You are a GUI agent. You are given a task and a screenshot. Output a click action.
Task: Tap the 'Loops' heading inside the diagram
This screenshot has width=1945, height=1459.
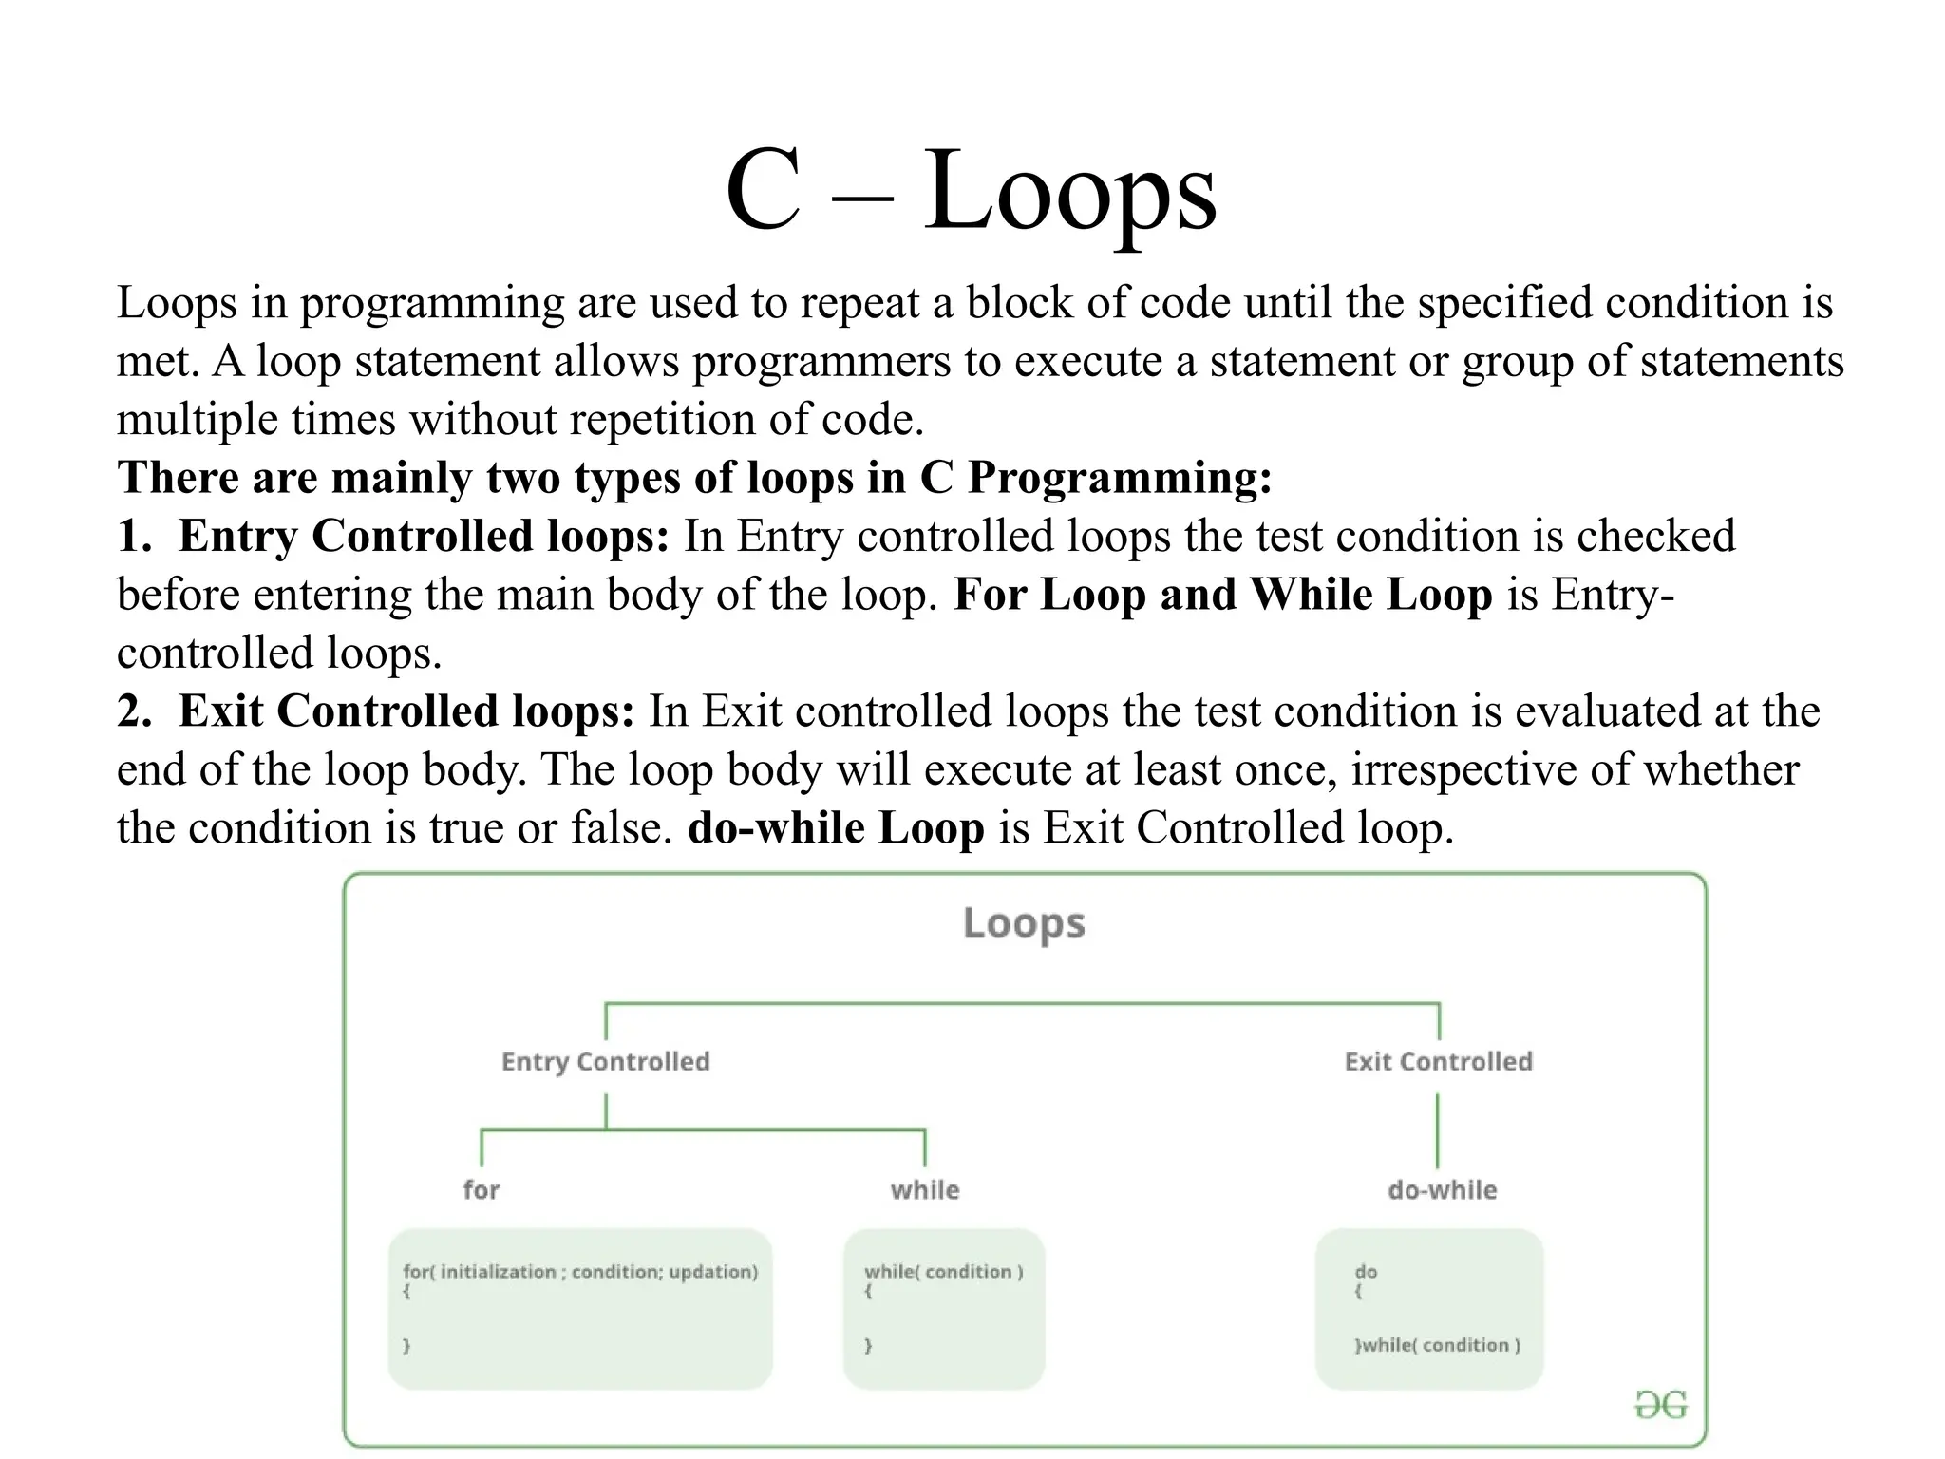pos(1024,923)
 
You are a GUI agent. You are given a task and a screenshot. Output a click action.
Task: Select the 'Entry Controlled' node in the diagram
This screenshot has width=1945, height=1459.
pos(605,1062)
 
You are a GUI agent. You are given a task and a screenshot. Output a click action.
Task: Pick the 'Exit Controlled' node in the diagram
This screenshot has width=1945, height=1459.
pos(1438,1062)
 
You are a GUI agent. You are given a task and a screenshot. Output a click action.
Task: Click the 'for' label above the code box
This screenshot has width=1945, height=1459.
pos(481,1190)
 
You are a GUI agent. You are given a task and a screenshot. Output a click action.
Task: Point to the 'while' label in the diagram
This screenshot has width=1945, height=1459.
pos(924,1190)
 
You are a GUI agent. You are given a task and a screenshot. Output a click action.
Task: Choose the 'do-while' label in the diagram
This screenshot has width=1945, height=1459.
pos(1442,1190)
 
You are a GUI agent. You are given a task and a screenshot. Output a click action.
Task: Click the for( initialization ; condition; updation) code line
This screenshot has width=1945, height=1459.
pos(580,1272)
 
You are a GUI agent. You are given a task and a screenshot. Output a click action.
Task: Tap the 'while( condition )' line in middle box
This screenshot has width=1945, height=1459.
pos(943,1272)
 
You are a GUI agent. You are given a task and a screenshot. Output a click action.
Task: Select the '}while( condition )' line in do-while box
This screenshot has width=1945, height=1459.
pos(1437,1345)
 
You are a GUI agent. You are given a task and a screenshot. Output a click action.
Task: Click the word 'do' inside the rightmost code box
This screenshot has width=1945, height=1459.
pos(1366,1272)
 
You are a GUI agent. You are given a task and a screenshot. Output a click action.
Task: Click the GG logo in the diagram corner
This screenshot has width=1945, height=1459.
pos(1660,1405)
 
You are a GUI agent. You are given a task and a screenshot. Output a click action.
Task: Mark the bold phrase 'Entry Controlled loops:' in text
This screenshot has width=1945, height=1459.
pos(424,536)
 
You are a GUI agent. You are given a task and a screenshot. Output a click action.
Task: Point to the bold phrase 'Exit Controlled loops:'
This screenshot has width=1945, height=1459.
pos(406,711)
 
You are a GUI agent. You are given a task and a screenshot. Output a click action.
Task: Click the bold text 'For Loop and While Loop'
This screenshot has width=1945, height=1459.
pos(1222,595)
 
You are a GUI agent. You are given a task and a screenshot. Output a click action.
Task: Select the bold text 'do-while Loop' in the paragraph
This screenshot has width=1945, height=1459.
pos(836,828)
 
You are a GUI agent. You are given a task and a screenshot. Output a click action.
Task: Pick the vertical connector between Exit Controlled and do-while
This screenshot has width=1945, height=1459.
pos(1438,1130)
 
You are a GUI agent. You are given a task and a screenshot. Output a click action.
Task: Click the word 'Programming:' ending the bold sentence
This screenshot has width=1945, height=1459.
pos(1119,478)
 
